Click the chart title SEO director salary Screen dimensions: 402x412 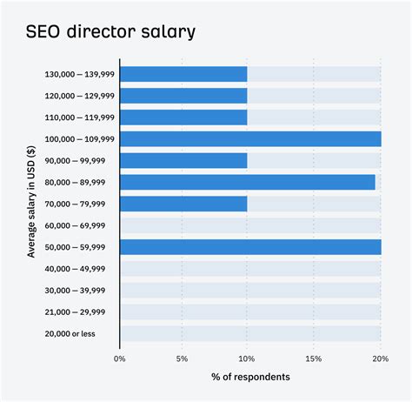pos(110,33)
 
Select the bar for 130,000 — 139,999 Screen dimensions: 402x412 pos(183,74)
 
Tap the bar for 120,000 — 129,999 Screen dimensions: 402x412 pos(183,96)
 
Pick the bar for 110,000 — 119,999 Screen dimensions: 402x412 pos(183,117)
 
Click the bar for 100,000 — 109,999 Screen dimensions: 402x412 pos(250,138)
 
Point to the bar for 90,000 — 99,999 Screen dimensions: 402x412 pos(183,160)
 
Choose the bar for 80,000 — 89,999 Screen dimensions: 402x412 pos(248,182)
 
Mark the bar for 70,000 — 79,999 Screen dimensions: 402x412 pos(183,204)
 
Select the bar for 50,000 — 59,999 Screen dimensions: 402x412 pos(250,247)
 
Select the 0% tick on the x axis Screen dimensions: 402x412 pos(120,357)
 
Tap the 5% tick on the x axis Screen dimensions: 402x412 pos(182,357)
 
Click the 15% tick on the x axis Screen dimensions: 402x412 pos(314,357)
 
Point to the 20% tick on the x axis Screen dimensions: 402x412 pos(379,357)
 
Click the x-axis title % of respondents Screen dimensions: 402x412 pos(250,377)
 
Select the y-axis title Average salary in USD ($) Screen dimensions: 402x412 pos(31,203)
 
